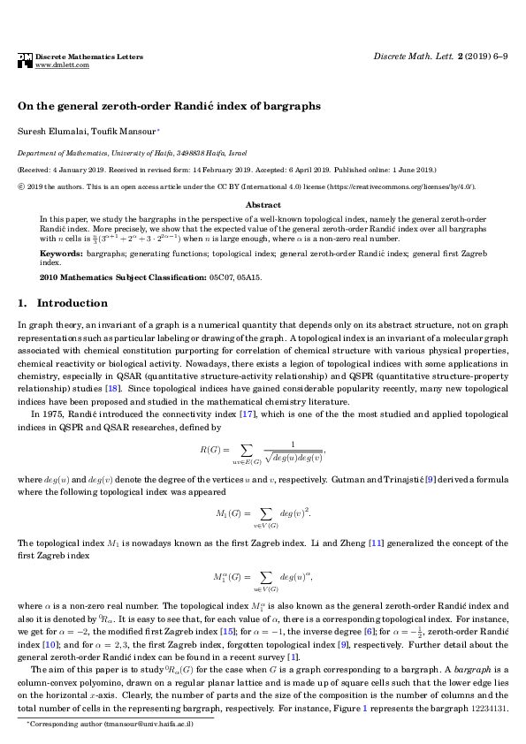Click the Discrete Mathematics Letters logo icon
pos(25,60)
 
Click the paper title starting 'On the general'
pos(169,105)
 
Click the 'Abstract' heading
pos(263,205)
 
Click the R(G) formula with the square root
pos(263,452)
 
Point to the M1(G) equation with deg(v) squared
pos(263,513)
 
